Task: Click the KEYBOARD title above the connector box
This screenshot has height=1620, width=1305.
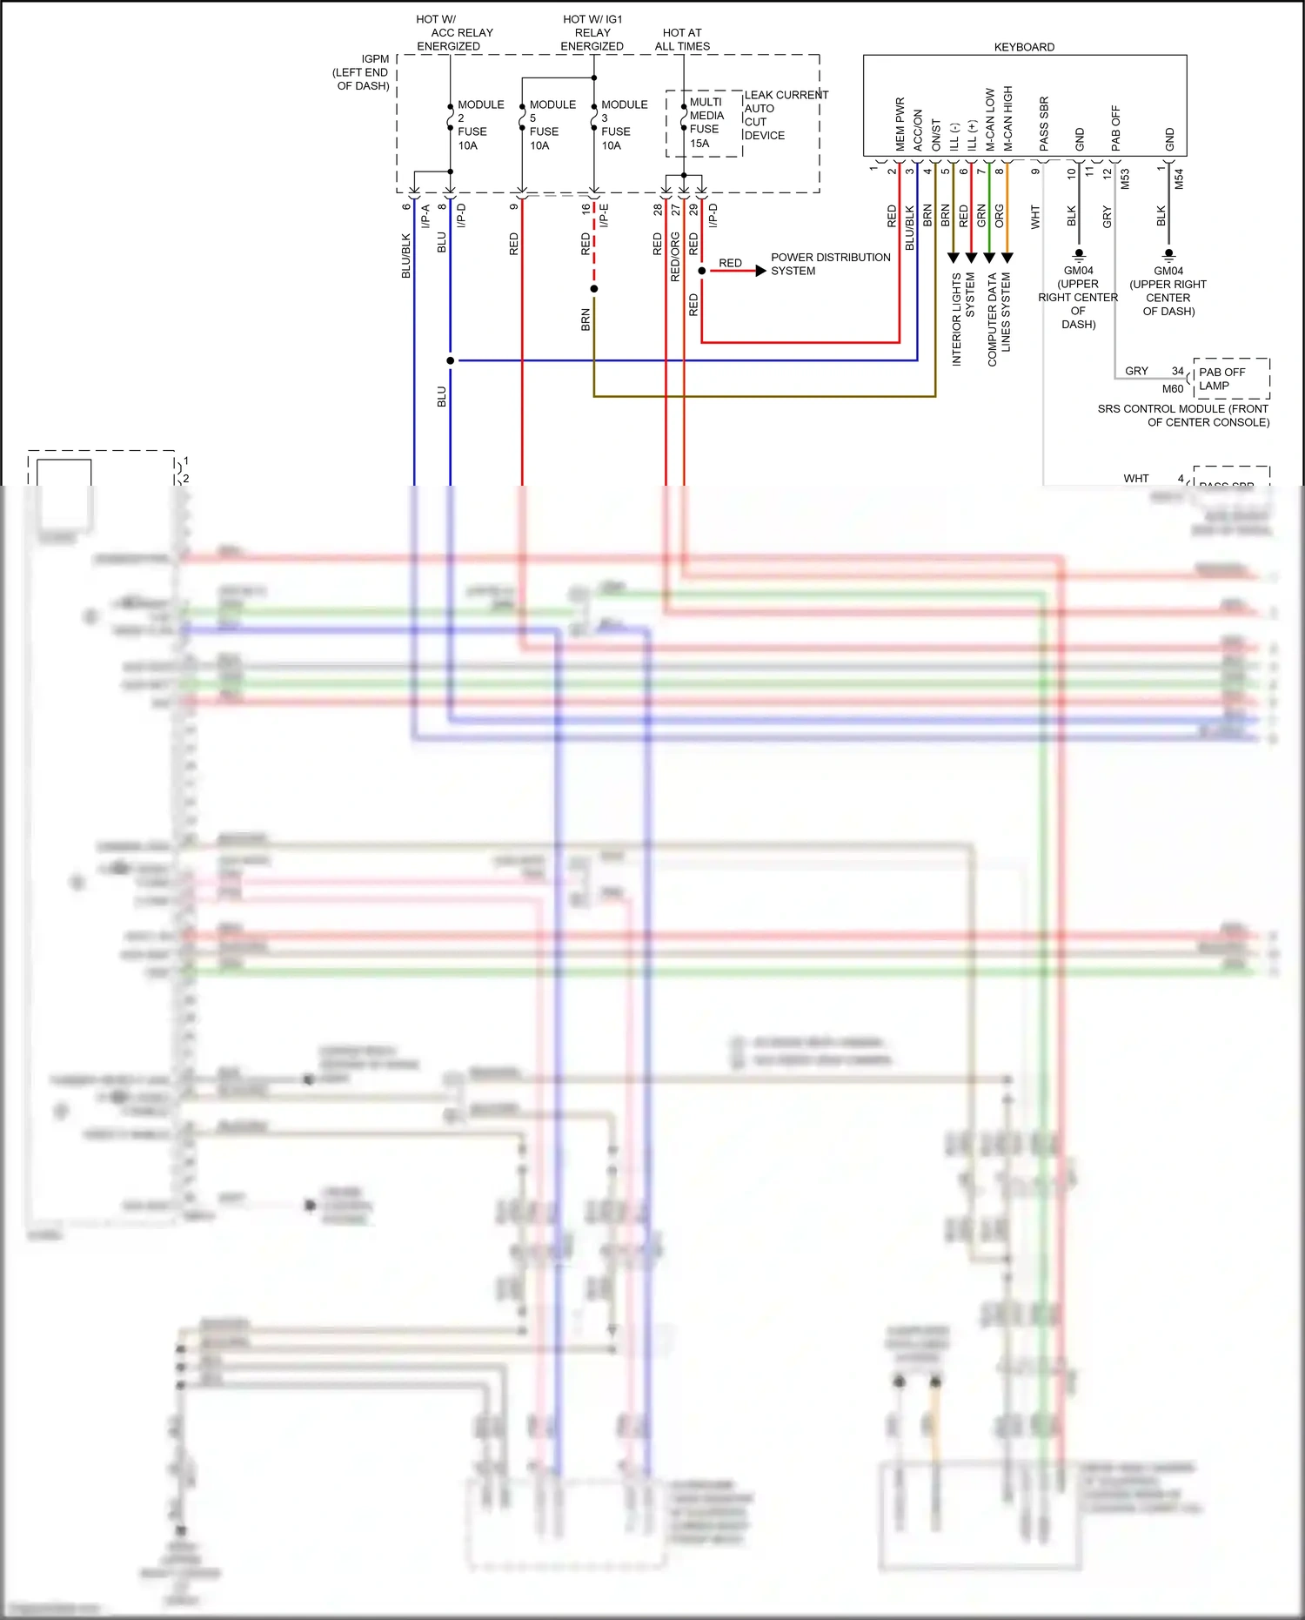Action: [x=1024, y=47]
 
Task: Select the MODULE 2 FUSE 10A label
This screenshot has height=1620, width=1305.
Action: [x=479, y=124]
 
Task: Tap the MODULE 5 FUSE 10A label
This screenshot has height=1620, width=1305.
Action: [x=552, y=124]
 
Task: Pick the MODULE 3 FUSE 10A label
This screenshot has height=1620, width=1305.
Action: [x=623, y=124]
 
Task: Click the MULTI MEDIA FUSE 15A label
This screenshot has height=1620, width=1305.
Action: [x=706, y=123]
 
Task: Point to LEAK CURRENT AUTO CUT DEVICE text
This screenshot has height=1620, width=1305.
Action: [x=785, y=115]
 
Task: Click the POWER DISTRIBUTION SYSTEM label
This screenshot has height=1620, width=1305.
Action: [x=829, y=264]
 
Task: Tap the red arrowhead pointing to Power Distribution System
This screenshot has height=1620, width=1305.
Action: [x=760, y=271]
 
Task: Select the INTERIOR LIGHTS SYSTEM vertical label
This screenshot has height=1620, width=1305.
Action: [x=962, y=319]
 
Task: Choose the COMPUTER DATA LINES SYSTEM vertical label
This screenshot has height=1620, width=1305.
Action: [x=998, y=319]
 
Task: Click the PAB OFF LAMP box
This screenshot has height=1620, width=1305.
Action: [x=1231, y=379]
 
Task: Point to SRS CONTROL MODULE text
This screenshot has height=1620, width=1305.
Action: [x=1183, y=415]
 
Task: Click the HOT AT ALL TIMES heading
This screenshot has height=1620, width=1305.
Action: [x=682, y=39]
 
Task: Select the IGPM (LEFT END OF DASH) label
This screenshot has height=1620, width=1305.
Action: [x=362, y=72]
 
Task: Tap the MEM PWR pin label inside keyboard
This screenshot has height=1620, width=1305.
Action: [x=900, y=124]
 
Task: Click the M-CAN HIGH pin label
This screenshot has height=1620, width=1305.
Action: [x=1008, y=118]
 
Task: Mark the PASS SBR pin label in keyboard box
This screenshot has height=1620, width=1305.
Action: [x=1044, y=123]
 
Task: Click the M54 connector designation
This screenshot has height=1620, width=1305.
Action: [x=1179, y=179]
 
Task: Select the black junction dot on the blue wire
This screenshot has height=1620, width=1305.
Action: [x=450, y=360]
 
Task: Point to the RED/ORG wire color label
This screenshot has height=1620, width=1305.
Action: [x=675, y=257]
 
